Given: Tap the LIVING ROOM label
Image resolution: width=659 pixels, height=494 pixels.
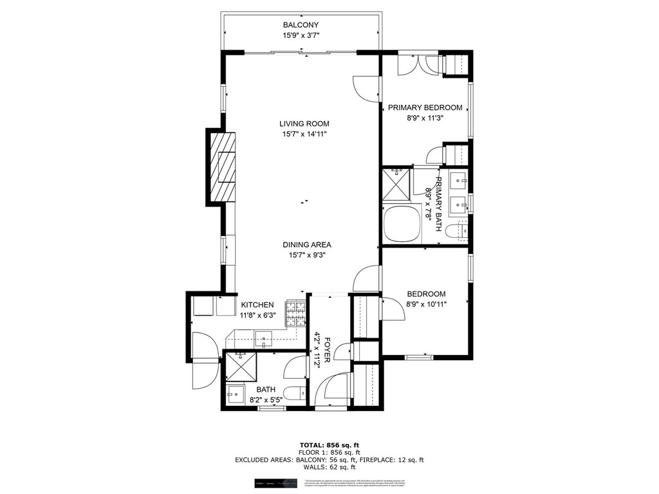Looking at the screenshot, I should (304, 124).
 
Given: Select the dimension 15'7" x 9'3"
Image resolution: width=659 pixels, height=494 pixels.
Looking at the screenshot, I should (306, 255).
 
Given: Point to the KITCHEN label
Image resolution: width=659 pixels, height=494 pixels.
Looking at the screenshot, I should (257, 305).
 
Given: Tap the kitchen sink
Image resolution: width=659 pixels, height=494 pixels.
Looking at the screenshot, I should (264, 338).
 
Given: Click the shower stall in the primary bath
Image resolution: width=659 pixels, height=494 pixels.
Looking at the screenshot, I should (397, 183).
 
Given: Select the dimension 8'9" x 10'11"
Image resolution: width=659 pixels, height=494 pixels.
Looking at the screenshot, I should (425, 304).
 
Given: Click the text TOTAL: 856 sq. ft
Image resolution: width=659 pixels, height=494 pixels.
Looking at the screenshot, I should (329, 445).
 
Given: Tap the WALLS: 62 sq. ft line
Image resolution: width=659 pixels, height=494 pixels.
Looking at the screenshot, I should (329, 468).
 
